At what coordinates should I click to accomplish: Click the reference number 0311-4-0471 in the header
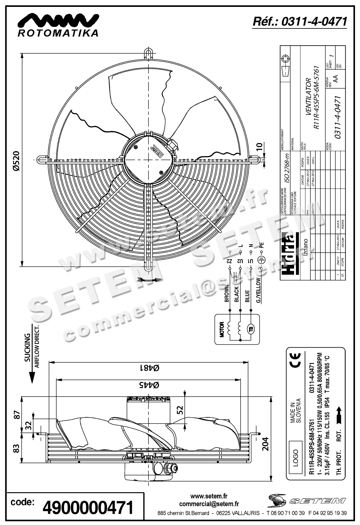click(300, 22)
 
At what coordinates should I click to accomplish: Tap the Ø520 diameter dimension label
click(16, 161)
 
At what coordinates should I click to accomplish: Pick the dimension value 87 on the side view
click(17, 415)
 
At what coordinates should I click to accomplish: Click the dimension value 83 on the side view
click(17, 448)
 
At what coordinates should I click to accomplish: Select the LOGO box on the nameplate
click(295, 458)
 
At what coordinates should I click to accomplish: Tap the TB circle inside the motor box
click(250, 329)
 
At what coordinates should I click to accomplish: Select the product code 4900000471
click(87, 508)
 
